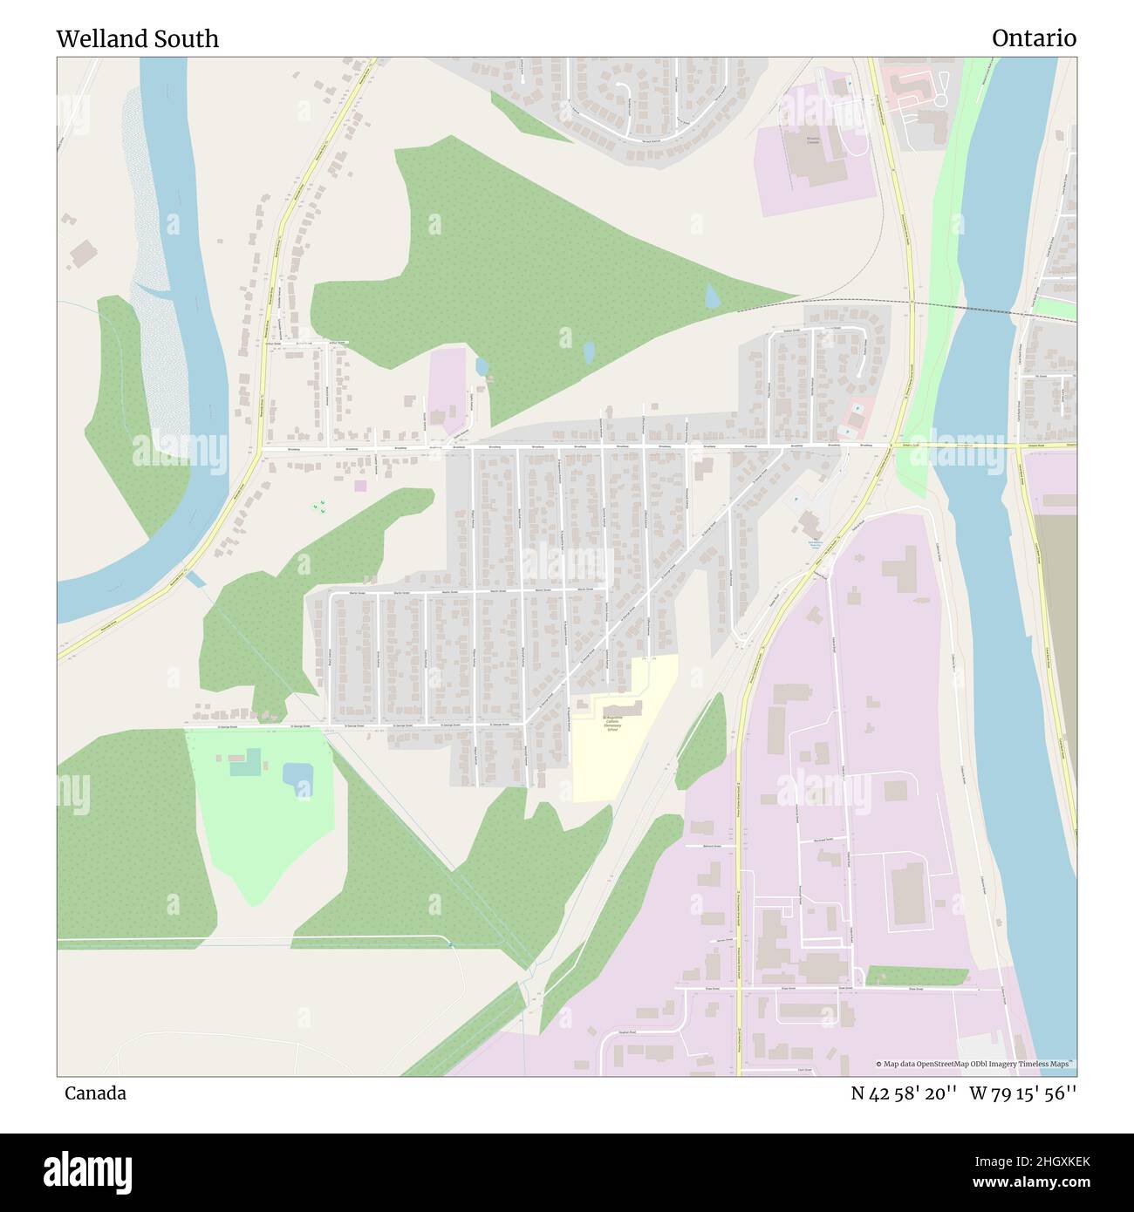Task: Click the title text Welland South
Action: pyautogui.click(x=137, y=38)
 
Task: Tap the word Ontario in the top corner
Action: pyautogui.click(x=1033, y=38)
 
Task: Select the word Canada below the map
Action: pyautogui.click(x=94, y=1093)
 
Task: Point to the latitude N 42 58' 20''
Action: pyautogui.click(x=904, y=1093)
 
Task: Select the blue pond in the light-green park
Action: pyautogui.click(x=297, y=775)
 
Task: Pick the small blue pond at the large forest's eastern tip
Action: pyautogui.click(x=712, y=296)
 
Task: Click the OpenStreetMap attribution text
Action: pyautogui.click(x=975, y=1064)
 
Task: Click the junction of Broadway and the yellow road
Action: pyautogui.click(x=894, y=446)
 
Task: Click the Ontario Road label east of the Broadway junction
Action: pyautogui.click(x=912, y=445)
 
